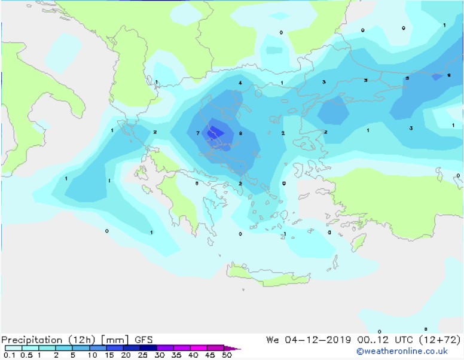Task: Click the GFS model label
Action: coord(144,340)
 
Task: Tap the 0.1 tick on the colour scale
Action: coord(10,355)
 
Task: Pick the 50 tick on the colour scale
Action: coord(226,355)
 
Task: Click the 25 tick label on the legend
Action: coord(142,355)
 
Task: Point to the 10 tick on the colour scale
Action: coord(91,355)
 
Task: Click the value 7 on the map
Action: coord(198,133)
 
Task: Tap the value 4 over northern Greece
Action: coord(240,83)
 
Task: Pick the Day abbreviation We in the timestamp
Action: coord(273,340)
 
